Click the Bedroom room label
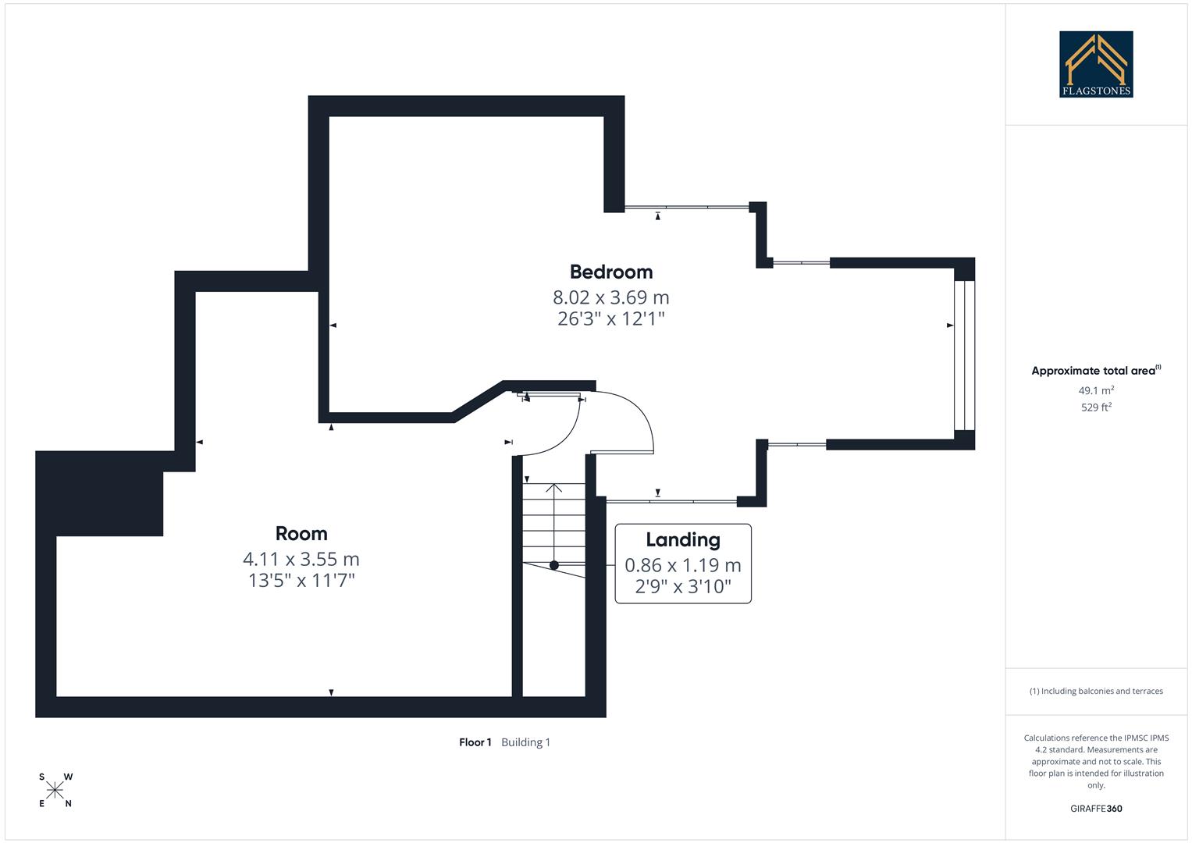click(x=610, y=272)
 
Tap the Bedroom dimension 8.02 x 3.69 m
click(x=610, y=297)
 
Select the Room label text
click(x=301, y=534)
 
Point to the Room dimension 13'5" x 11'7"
click(x=301, y=581)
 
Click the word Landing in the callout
click(x=682, y=540)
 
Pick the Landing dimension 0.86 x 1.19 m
click(x=682, y=565)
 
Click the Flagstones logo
click(x=1095, y=64)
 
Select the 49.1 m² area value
click(x=1095, y=390)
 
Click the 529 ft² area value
click(x=1095, y=407)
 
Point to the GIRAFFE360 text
click(x=1095, y=809)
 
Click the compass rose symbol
click(x=55, y=790)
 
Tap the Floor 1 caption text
click(x=475, y=742)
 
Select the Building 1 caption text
click(x=525, y=742)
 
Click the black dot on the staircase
click(x=554, y=565)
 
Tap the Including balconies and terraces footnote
click(x=1095, y=691)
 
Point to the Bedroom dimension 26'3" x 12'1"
click(x=610, y=318)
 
